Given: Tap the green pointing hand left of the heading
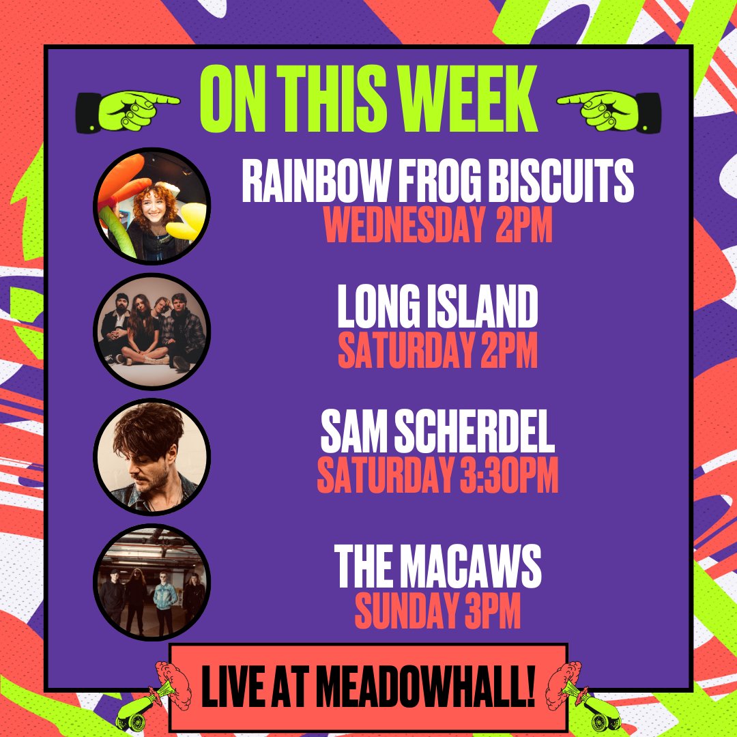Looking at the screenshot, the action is point(128,111).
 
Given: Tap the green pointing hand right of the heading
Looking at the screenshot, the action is point(609,111).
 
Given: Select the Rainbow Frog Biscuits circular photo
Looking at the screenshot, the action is point(151,206).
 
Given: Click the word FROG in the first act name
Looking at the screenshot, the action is point(440,181).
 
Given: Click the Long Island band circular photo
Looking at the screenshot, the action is point(151,332).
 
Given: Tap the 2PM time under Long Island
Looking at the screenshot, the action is point(509,350).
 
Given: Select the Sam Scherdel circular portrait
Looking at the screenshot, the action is point(151,457).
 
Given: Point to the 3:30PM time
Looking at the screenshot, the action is point(509,475).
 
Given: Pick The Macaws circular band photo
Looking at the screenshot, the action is point(151,582).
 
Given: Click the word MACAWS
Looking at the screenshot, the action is point(474,566).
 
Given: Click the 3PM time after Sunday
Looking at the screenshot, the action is point(493,611).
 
